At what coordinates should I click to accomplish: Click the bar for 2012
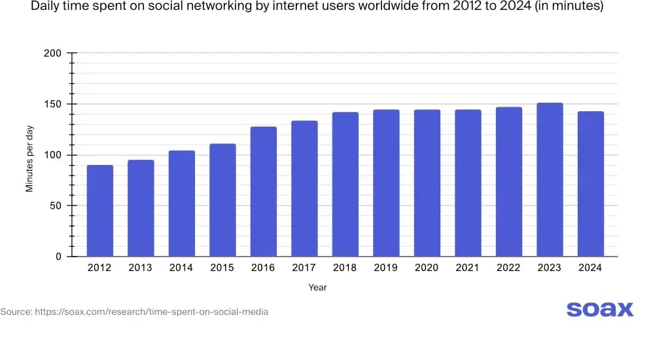point(99,211)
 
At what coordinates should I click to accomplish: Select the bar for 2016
point(263,191)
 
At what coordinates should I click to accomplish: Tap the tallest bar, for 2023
point(550,179)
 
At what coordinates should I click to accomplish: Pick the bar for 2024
point(590,184)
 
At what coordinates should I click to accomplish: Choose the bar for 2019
point(386,183)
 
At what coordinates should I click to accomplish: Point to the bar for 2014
point(181,204)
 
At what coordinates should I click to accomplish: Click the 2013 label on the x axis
point(141,268)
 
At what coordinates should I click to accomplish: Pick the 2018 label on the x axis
point(345,268)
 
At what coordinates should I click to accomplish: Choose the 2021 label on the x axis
point(468,268)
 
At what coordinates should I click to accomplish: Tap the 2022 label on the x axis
point(508,268)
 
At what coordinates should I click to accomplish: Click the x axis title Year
point(317,287)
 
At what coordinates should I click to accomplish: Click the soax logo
point(599,310)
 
